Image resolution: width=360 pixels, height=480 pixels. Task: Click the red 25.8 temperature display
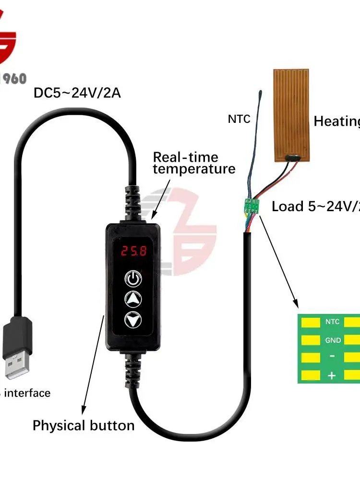(x=133, y=251)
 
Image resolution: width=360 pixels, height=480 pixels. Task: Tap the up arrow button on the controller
(x=133, y=299)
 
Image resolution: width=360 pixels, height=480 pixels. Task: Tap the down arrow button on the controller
(x=133, y=319)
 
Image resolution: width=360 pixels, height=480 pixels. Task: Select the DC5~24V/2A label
(x=77, y=93)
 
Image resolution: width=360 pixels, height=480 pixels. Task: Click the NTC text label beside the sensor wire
(x=239, y=119)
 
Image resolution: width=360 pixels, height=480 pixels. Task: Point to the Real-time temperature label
(x=194, y=163)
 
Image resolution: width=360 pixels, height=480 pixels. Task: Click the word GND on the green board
(x=333, y=340)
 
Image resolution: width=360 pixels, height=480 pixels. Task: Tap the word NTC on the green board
(x=333, y=322)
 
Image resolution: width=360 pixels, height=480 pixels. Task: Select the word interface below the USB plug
(x=29, y=393)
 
